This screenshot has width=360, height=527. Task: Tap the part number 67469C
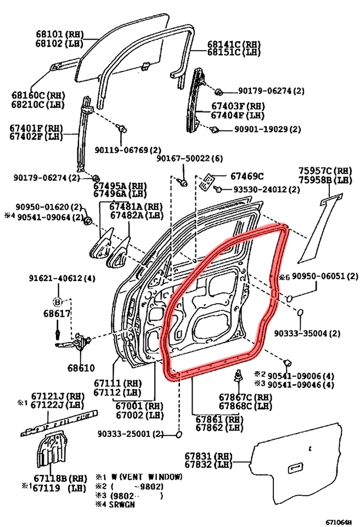[247, 176]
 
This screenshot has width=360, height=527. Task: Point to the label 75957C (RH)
[325, 171]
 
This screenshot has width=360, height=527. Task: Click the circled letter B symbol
[58, 301]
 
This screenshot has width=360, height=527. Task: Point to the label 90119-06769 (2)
[127, 150]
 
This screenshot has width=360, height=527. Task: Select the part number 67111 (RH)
[118, 382]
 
